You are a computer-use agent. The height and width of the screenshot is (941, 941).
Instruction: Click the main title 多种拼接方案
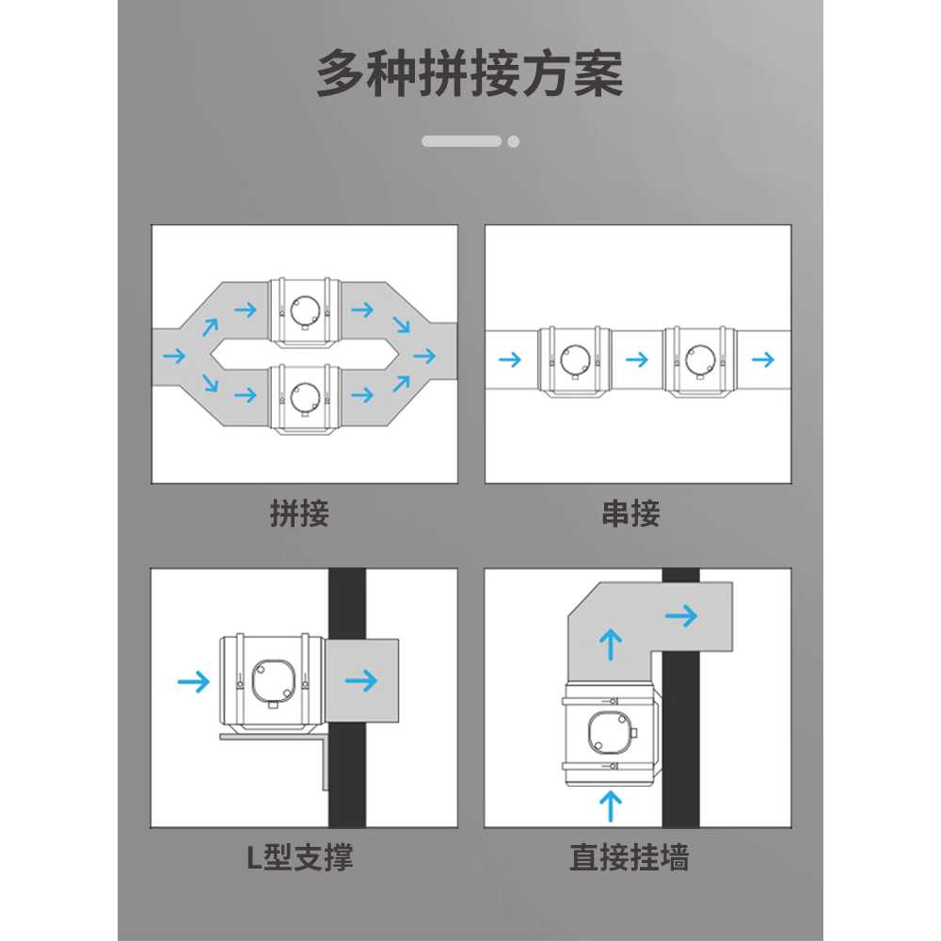pos(470,73)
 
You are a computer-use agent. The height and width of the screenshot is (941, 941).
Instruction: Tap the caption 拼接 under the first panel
pos(299,514)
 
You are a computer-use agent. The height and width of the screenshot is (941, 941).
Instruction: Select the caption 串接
pos(630,514)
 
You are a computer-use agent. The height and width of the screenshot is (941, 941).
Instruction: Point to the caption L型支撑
pos(299,857)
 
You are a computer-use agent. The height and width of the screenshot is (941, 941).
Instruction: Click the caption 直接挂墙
pos(630,857)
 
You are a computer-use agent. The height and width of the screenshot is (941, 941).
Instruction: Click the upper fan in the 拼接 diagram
pos(304,312)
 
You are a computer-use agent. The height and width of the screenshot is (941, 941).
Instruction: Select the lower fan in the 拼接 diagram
pos(304,398)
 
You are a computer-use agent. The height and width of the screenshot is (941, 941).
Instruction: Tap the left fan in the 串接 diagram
pos(574,361)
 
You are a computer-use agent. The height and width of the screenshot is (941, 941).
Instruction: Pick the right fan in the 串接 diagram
pos(699,361)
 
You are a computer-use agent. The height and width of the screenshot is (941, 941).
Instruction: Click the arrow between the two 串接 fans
pos(637,360)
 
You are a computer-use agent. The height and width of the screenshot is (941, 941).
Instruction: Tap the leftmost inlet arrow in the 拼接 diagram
pos(175,356)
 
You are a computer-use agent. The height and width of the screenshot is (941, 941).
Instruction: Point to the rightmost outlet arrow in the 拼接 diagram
pos(424,356)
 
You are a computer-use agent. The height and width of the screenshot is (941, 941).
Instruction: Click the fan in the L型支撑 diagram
pos(272,683)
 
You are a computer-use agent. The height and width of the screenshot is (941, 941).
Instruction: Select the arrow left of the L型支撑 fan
pos(194,681)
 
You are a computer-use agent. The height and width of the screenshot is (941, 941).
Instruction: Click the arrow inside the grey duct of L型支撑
pos(361,680)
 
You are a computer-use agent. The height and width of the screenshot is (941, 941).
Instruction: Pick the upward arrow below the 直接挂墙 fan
pos(611,806)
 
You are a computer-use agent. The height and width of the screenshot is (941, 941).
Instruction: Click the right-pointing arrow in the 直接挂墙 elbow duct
pos(681,615)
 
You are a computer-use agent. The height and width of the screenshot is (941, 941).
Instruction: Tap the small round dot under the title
pos(513,142)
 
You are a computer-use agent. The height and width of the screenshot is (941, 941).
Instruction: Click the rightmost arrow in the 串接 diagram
pos(763,360)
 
